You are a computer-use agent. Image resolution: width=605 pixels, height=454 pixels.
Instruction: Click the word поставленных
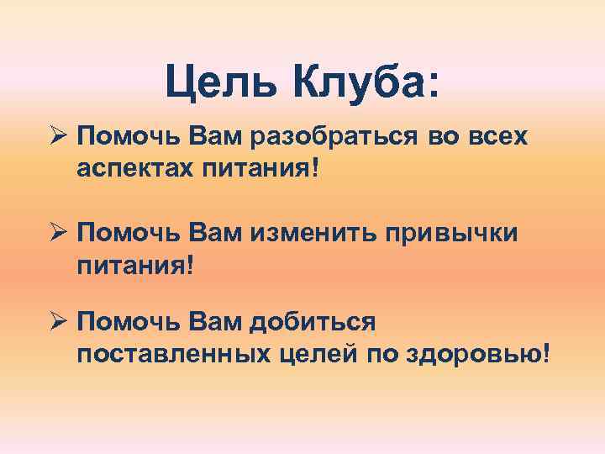(x=172, y=354)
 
